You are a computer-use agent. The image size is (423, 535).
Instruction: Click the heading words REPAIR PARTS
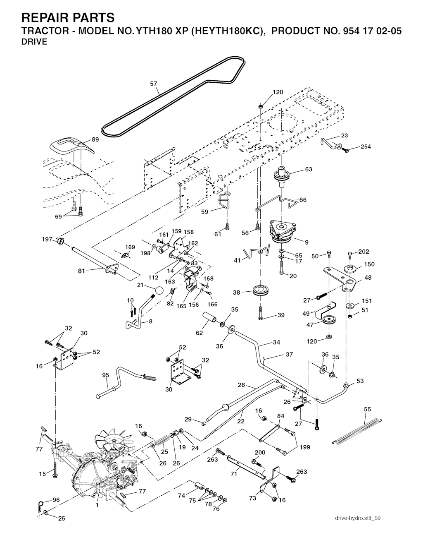click(68, 18)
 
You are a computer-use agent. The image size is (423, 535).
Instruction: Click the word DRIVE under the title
click(34, 42)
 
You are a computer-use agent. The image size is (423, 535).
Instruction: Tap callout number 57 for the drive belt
click(154, 84)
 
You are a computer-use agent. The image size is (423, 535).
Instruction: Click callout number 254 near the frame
click(366, 146)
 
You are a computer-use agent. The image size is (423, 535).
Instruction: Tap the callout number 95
click(105, 375)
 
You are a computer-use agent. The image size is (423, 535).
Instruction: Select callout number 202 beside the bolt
click(364, 252)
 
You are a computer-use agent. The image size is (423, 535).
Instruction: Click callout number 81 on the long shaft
click(81, 271)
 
